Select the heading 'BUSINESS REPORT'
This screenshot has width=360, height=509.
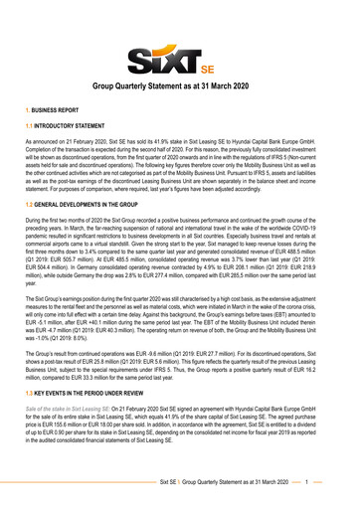click(52, 129)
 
